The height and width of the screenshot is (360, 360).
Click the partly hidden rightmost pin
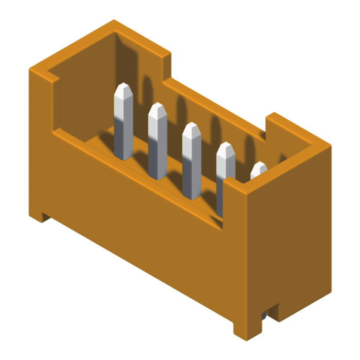pyautogui.click(x=258, y=170)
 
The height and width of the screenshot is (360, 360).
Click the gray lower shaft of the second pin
pyautogui.click(x=157, y=157)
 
